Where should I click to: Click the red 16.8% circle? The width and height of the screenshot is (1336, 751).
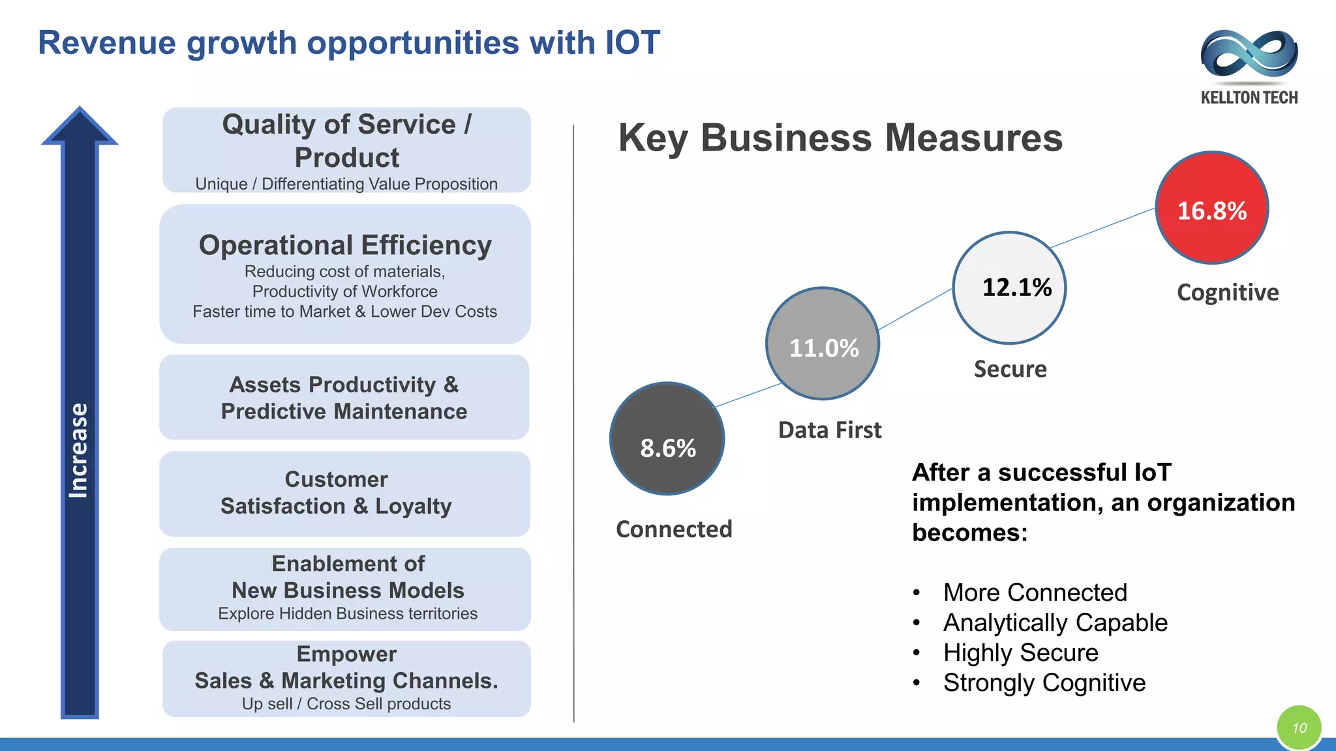click(x=1211, y=209)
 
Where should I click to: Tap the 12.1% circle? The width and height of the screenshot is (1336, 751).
click(x=1009, y=287)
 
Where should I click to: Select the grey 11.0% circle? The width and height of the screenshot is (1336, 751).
click(x=823, y=344)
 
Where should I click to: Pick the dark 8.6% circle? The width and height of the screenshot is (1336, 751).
click(x=667, y=439)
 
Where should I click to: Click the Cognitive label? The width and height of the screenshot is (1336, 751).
click(x=1228, y=293)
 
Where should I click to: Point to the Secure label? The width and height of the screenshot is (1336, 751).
click(x=1010, y=369)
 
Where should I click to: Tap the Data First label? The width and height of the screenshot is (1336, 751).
click(x=830, y=430)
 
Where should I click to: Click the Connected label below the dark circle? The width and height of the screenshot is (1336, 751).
click(x=674, y=529)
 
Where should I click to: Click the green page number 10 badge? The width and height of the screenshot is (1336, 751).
click(x=1299, y=728)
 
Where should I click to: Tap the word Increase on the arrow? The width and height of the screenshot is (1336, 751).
click(x=79, y=450)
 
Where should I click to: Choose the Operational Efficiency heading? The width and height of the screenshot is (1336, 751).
click(x=345, y=245)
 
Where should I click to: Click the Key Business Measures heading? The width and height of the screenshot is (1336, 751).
click(x=840, y=138)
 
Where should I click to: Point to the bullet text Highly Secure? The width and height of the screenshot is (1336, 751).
click(x=1020, y=653)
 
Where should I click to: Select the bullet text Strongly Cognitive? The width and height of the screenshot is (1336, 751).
click(x=1044, y=683)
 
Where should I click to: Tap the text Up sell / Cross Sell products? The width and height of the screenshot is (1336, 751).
click(x=346, y=704)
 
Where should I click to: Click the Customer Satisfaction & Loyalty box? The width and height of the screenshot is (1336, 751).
click(x=344, y=493)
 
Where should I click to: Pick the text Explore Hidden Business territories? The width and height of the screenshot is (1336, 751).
click(x=348, y=613)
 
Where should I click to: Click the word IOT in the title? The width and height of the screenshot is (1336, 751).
click(x=632, y=43)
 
